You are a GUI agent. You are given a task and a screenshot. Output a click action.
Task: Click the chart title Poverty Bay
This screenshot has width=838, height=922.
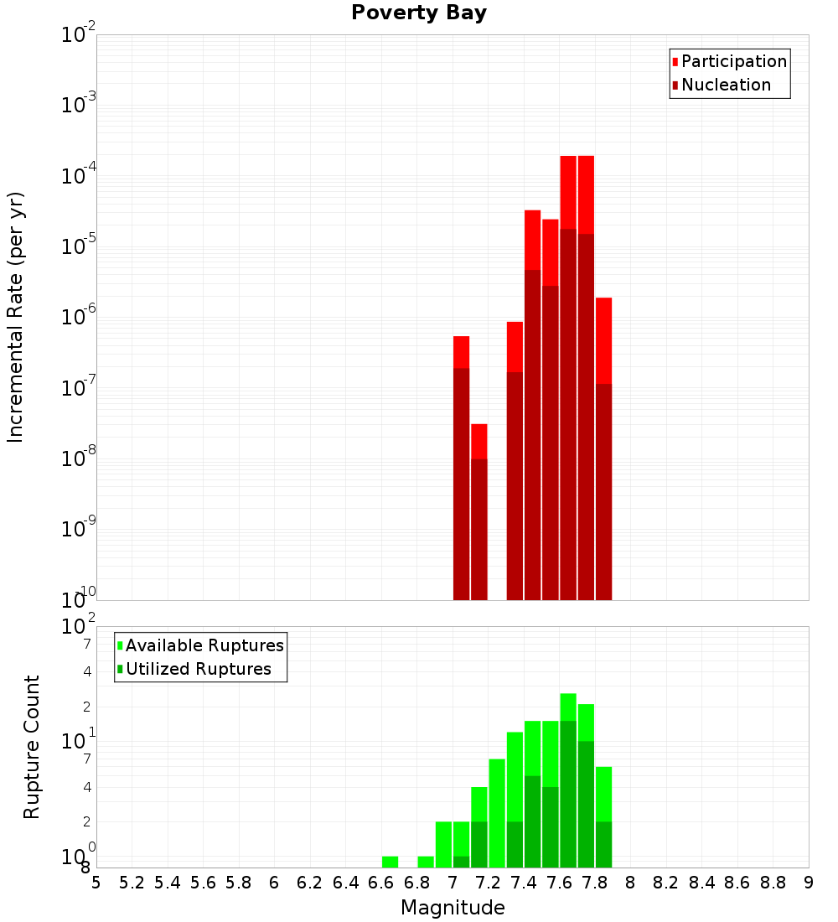[418, 13]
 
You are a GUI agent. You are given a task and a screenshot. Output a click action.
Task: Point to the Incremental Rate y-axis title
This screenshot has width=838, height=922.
[16, 317]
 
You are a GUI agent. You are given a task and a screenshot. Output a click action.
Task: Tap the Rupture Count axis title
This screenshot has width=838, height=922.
[32, 747]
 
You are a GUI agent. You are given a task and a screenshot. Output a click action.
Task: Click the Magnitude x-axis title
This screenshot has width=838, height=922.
[453, 908]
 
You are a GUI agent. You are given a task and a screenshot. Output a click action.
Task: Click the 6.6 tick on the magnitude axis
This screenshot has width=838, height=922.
[381, 883]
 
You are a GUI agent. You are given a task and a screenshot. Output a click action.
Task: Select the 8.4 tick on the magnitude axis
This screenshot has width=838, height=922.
[702, 883]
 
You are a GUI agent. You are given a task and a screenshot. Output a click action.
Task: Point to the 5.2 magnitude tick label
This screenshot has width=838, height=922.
[132, 883]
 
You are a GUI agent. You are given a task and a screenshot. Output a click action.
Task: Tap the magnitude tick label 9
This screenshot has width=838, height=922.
[809, 883]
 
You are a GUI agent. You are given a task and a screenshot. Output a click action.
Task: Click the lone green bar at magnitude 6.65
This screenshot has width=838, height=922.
[390, 862]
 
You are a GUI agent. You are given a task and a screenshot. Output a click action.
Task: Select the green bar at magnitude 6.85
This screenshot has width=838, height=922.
[426, 862]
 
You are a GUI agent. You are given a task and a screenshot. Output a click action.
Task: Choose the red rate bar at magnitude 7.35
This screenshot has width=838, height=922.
[515, 461]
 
